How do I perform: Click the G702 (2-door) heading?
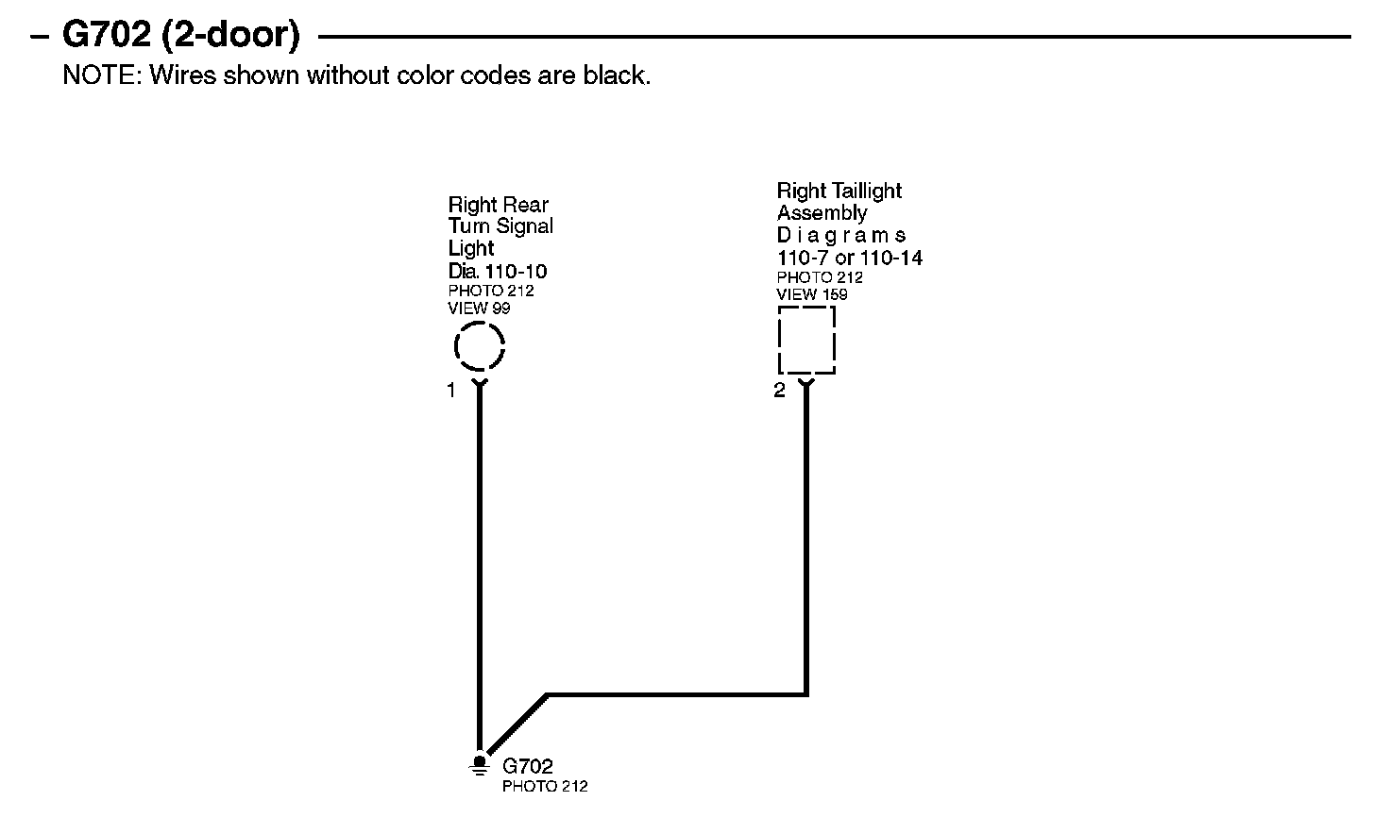pos(180,36)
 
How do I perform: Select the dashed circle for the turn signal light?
pos(480,346)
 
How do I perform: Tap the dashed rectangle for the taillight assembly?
pos(806,340)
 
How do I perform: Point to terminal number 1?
pos(451,391)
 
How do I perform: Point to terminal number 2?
pos(779,391)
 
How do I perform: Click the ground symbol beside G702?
pos(480,764)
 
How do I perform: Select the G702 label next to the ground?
pos(527,766)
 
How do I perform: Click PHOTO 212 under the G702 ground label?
pos(544,786)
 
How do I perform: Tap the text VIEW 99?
pos(479,308)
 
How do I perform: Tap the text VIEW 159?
pos(811,294)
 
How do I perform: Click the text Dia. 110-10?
pos(497,272)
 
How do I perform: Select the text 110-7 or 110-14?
pos(849,258)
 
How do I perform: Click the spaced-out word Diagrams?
pos(840,235)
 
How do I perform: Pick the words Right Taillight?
pos(839,191)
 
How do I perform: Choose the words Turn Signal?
pos(500,226)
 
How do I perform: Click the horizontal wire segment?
pos(676,695)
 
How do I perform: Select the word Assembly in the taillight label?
pos(822,213)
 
